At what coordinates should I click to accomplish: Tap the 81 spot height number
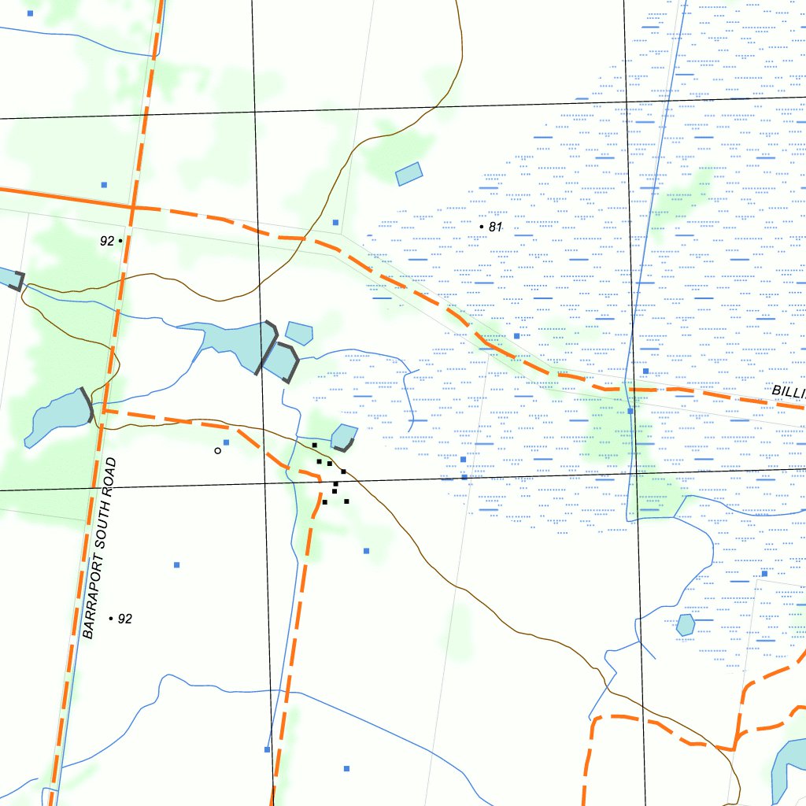point(495,227)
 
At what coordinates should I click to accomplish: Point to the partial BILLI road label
point(788,392)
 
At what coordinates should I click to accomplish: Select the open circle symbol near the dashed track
point(217,451)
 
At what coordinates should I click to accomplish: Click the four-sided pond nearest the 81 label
point(409,173)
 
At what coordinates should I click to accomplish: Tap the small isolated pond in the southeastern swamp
point(686,625)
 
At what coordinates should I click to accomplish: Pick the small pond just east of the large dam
point(299,332)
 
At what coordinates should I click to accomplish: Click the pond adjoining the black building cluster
point(343,437)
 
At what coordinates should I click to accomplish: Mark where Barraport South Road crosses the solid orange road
point(133,207)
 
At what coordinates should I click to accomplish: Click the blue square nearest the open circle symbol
point(226,442)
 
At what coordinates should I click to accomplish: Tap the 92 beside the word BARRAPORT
point(124,619)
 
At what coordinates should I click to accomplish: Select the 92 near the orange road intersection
point(107,241)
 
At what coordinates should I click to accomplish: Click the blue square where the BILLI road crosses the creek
point(630,411)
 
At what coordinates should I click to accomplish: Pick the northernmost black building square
point(315,446)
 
